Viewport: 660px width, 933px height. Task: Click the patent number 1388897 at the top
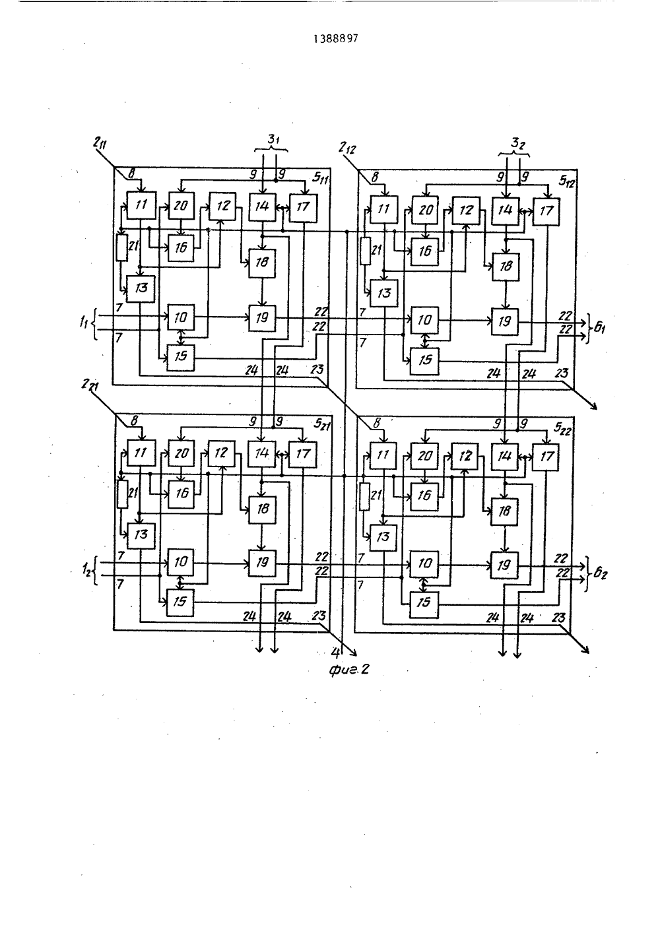[336, 39]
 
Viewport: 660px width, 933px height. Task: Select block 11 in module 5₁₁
[141, 205]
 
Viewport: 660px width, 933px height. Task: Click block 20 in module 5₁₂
[426, 210]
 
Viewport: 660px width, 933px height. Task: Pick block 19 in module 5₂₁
[262, 563]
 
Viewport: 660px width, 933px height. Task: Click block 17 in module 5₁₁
[303, 207]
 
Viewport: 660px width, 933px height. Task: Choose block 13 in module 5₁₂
[383, 293]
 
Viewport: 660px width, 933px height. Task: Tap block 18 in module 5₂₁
[262, 510]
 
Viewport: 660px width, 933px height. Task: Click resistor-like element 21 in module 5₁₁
[121, 247]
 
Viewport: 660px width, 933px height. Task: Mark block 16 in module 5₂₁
[181, 494]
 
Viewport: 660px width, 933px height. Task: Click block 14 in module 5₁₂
[506, 210]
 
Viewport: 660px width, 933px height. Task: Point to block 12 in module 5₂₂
[465, 457]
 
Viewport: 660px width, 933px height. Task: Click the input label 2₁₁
[100, 145]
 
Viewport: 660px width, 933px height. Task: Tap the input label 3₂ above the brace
[517, 144]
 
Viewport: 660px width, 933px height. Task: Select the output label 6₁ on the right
[599, 329]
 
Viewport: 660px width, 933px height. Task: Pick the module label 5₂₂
[562, 429]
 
